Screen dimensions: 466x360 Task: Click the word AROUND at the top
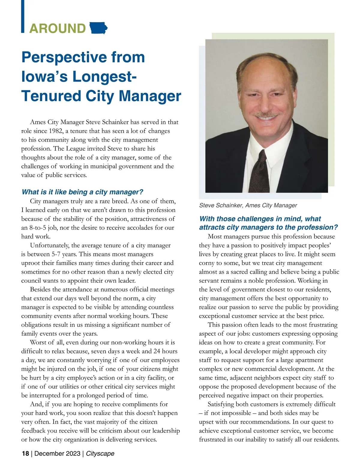coord(58,29)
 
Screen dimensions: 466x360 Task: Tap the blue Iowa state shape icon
coord(98,28)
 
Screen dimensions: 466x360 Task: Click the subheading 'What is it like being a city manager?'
coord(82,192)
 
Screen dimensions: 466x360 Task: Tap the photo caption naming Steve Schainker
coord(248,206)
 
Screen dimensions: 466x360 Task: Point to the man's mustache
coord(266,114)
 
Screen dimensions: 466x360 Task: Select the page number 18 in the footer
coord(25,453)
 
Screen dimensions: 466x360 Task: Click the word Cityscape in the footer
coord(100,453)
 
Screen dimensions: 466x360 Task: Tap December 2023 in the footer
coord(57,453)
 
